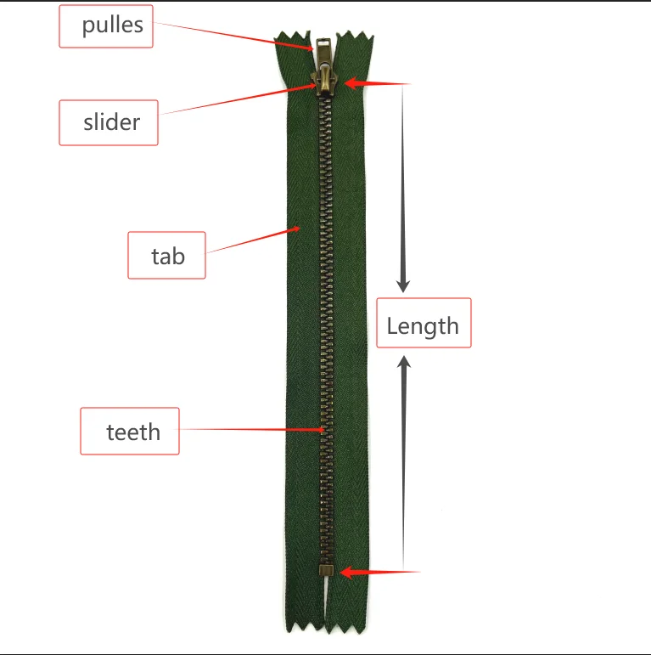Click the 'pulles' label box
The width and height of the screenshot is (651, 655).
tap(106, 26)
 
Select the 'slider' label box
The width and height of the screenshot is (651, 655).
tap(109, 122)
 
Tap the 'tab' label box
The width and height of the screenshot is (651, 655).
tap(166, 255)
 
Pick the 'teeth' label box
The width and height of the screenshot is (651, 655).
tap(130, 432)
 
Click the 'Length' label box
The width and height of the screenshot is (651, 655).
tap(423, 323)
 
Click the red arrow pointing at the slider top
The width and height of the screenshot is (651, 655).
tap(378, 83)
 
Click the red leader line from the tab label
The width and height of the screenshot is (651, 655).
tap(253, 240)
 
